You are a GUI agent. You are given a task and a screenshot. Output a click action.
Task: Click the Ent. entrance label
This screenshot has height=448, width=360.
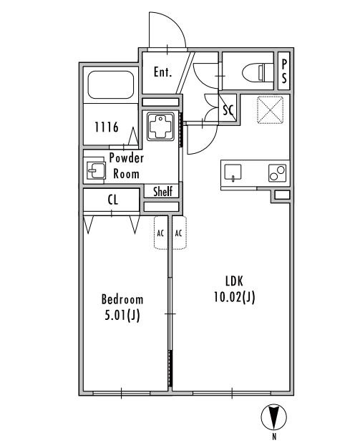(162, 72)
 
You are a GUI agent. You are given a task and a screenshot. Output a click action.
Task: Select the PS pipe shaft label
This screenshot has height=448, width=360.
(284, 72)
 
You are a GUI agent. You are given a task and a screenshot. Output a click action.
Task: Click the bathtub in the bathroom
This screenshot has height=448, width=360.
(111, 85)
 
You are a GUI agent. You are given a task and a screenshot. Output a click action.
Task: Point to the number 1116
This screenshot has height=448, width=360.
(107, 127)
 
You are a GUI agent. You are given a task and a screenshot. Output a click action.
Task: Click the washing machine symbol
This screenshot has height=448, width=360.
(160, 126)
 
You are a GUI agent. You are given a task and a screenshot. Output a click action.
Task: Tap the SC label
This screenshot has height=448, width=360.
(228, 109)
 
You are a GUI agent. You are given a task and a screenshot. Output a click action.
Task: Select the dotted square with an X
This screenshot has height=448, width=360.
(271, 110)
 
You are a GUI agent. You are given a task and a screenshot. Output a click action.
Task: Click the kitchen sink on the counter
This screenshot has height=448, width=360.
(233, 173)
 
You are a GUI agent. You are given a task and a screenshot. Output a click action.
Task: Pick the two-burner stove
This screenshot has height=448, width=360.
(277, 173)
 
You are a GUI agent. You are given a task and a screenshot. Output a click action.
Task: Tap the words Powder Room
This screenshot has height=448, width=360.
(126, 166)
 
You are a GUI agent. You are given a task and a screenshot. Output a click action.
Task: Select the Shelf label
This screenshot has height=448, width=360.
(163, 191)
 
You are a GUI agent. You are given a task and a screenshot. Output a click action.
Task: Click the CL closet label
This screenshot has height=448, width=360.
(113, 200)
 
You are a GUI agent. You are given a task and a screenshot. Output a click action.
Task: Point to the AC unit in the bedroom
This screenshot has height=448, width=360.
(161, 233)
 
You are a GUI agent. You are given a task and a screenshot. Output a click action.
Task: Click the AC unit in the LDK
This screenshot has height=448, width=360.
(179, 233)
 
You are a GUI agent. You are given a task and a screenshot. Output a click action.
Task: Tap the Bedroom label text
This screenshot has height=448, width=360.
(122, 299)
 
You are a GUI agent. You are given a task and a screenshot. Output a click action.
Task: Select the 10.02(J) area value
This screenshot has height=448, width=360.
(234, 298)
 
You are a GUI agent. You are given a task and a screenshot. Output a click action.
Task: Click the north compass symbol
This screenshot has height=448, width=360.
(273, 417)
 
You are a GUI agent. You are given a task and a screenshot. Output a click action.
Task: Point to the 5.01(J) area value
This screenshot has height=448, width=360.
(122, 316)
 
